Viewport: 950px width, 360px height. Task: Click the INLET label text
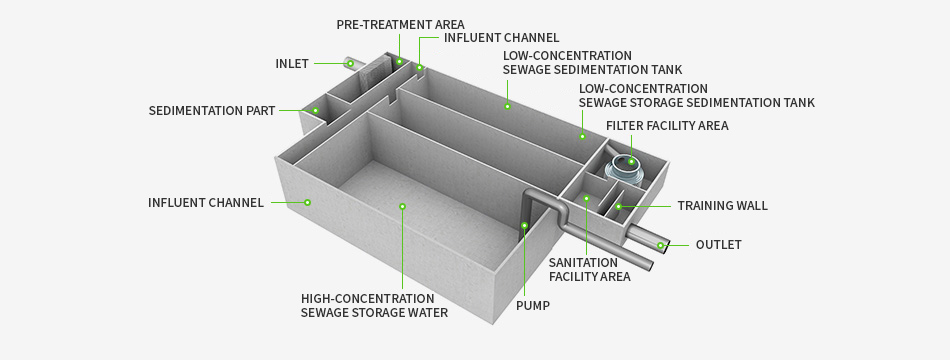pos(292,64)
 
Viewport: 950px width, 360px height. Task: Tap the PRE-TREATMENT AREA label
pos(400,25)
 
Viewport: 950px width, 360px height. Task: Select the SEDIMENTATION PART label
pos(212,111)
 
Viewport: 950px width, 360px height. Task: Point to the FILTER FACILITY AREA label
pos(667,125)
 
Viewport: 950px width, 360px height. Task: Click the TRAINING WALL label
pos(722,205)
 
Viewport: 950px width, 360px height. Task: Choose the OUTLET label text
pos(719,245)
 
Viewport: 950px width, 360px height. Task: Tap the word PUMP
pos(533,305)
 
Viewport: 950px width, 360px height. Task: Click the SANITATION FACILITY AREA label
pos(590,270)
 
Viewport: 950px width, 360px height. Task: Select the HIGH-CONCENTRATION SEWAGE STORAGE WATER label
pos(374,305)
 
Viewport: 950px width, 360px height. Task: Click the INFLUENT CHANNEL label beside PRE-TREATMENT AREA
pos(502,38)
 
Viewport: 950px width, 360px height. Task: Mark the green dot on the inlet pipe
pos(350,62)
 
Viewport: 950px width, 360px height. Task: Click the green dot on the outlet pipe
pos(661,245)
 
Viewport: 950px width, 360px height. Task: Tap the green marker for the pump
pos(525,225)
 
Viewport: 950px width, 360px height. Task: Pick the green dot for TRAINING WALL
pos(619,206)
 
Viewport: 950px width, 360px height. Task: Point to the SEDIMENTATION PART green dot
pos(316,110)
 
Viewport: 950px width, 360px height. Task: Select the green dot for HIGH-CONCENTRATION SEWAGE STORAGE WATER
pos(402,207)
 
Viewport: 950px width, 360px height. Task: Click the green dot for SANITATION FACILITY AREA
pos(586,198)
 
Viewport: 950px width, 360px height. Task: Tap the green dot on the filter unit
pos(631,161)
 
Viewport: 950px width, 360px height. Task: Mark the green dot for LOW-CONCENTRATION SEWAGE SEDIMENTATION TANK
pos(508,107)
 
